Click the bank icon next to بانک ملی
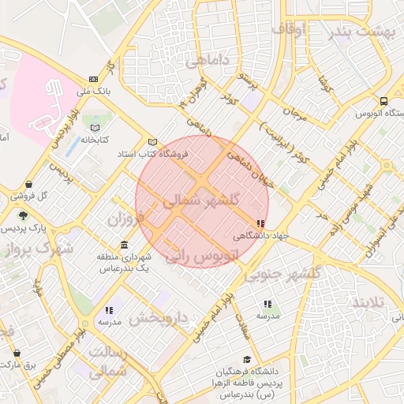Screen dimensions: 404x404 pos(94,79)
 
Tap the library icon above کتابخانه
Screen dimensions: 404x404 pos(95,127)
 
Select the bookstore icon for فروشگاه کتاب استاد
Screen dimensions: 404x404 pos(153,142)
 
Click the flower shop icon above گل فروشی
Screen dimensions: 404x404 pos(29,184)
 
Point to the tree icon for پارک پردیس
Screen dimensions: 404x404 pos(23,215)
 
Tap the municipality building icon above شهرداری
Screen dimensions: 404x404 pos(124,244)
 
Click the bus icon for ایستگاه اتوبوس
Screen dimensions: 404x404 pos(383,101)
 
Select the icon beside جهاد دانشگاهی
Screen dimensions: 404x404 pos(260,224)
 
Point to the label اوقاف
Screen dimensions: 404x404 pos(289,28)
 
